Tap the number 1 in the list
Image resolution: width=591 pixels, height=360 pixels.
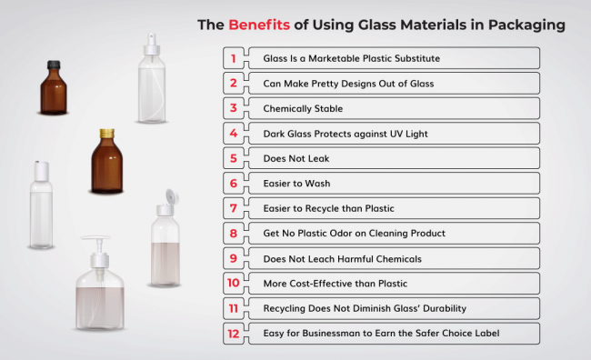tap(234, 58)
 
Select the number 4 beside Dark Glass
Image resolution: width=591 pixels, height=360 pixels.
tap(234, 133)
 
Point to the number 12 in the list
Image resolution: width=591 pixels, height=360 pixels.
tap(234, 333)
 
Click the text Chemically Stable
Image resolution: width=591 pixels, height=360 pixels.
tap(303, 108)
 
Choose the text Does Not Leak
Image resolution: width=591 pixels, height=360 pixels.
tap(295, 158)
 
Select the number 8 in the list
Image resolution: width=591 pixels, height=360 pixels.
tap(234, 233)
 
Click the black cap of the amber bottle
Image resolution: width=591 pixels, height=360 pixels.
tap(55, 69)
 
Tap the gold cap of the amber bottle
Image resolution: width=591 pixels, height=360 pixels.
tap(106, 134)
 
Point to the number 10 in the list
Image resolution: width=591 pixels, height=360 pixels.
tap(234, 283)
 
